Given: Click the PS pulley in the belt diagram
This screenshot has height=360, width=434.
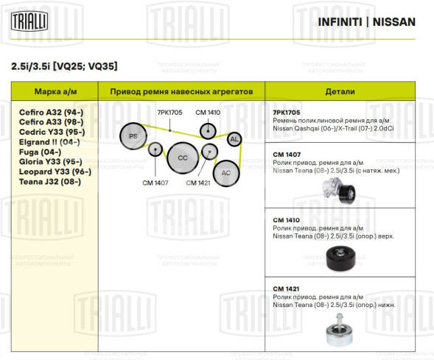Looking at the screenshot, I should [133, 136].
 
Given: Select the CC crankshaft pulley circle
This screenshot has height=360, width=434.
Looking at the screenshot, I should [182, 158].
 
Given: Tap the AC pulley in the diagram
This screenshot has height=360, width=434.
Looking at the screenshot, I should [225, 172].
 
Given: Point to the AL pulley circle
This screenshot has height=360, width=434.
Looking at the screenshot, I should [234, 139].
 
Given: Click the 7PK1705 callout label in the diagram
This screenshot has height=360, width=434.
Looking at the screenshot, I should [169, 112].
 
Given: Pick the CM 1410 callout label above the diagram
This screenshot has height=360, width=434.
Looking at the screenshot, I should [208, 112].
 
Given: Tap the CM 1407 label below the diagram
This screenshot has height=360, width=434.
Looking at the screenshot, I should [155, 183].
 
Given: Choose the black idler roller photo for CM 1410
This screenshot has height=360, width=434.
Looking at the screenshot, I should [340, 258].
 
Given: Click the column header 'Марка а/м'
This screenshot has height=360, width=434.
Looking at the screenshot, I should [54, 91].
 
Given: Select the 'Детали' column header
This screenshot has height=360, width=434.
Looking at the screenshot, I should [340, 91].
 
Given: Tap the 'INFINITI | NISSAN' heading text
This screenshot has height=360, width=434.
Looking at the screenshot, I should [366, 21].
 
